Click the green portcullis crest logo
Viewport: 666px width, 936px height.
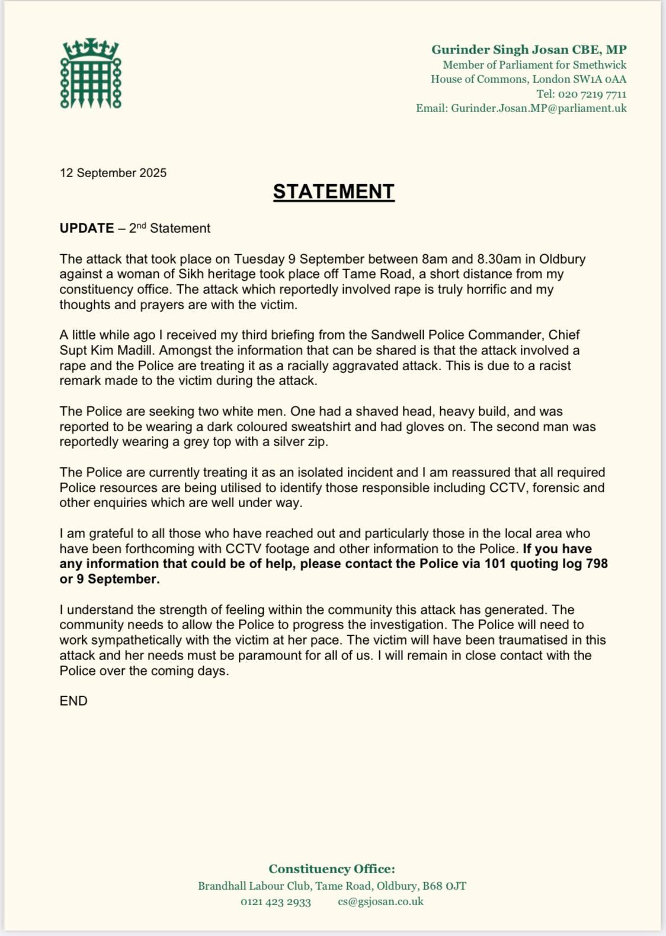(91, 73)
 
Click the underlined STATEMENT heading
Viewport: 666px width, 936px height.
(334, 191)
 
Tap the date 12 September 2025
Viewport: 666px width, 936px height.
(113, 173)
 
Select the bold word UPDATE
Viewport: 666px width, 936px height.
(87, 228)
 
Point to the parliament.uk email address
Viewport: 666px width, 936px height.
(539, 108)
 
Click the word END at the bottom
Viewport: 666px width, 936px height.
(73, 701)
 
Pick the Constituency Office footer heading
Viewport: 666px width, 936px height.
(332, 869)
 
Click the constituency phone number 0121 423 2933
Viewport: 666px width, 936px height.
(276, 902)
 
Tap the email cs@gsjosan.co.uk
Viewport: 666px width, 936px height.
(381, 902)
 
